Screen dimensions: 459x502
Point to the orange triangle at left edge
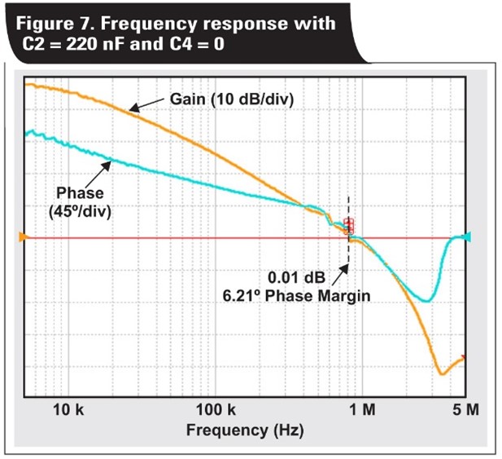coord(24,237)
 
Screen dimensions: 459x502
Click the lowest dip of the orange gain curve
coord(441,373)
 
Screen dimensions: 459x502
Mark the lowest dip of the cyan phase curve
coord(426,301)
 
